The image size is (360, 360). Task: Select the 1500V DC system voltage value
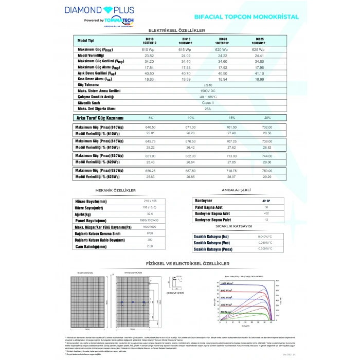[208, 91]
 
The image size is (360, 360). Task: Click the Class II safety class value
[208, 103]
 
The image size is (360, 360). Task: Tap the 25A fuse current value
[208, 109]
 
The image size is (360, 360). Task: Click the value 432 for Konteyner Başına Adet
[266, 213]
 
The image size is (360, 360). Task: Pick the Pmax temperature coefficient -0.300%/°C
[265, 248]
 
